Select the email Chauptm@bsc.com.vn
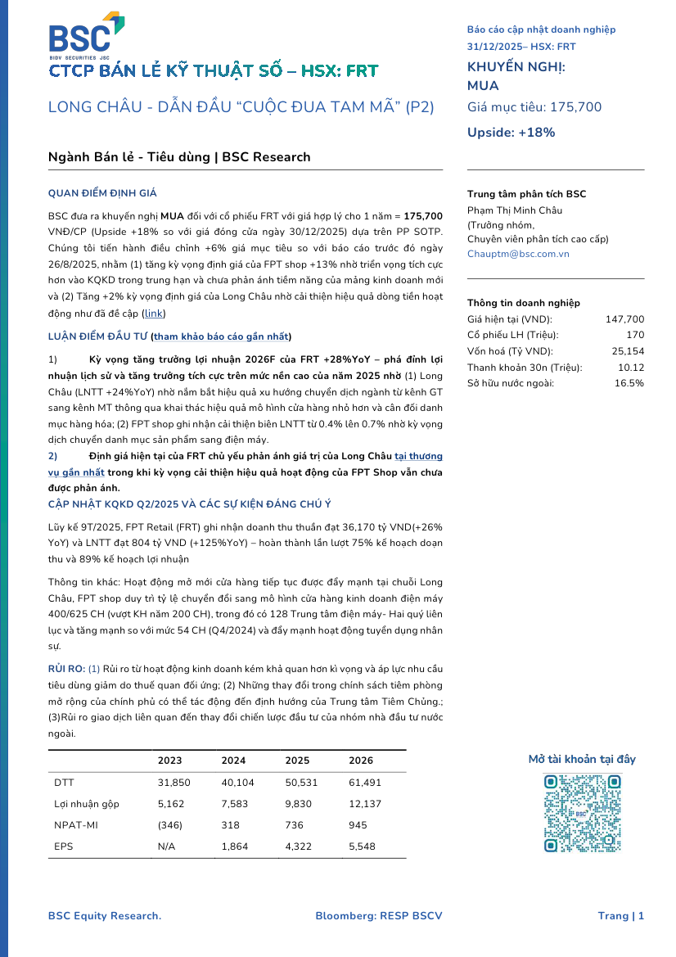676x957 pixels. [518, 254]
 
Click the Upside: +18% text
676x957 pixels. [511, 133]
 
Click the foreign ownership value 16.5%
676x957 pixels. [629, 382]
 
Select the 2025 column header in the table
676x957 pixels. [297, 761]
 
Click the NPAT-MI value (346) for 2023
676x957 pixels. [170, 824]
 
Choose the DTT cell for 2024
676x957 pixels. [233, 782]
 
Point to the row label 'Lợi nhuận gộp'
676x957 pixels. [87, 803]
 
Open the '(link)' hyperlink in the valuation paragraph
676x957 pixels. [153, 313]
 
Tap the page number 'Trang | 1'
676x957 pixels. [620, 916]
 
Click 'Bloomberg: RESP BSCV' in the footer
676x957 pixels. [378, 916]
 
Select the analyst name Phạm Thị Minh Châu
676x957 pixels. [515, 210]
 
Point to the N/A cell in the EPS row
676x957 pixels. [166, 846]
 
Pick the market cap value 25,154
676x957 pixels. [628, 351]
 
